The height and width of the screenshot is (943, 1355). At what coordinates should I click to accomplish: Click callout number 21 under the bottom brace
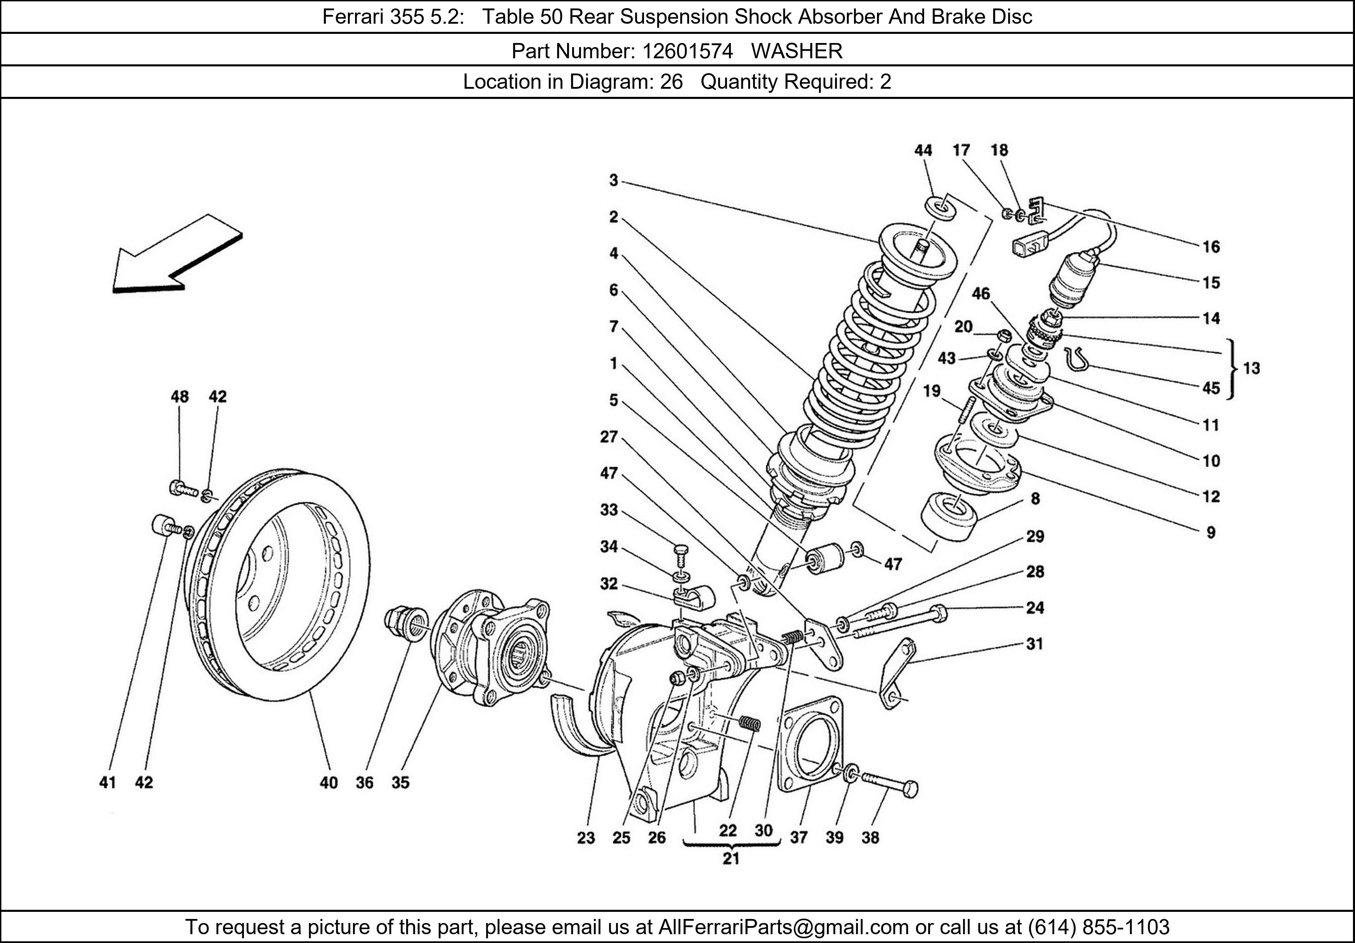coord(731,859)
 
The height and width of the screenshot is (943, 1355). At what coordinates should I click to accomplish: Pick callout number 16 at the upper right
coord(1211,247)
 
